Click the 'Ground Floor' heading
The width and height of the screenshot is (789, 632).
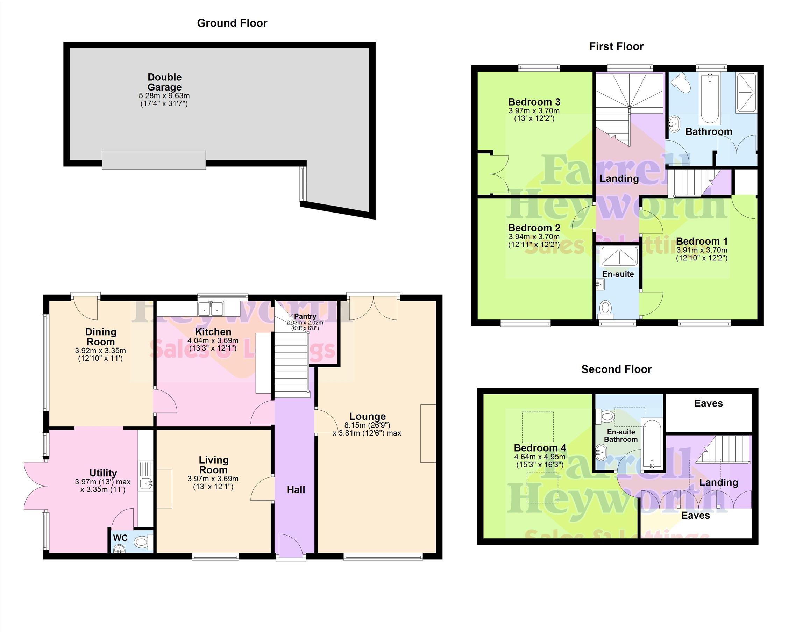click(232, 23)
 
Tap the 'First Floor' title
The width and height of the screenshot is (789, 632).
click(616, 46)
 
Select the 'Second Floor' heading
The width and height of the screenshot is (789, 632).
click(616, 369)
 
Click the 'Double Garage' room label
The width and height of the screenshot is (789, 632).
click(164, 82)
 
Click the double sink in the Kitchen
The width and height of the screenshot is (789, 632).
click(211, 308)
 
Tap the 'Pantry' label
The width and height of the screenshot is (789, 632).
click(305, 316)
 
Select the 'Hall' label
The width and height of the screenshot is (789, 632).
click(296, 490)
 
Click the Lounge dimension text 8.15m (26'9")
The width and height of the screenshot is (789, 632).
click(368, 425)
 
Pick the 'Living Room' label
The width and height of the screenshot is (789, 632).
click(213, 465)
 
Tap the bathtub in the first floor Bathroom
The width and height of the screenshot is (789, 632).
click(710, 98)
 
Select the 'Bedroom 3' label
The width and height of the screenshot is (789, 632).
click(534, 102)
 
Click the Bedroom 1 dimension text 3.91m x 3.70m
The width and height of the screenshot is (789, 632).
click(702, 250)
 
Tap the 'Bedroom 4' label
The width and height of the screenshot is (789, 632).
click(540, 448)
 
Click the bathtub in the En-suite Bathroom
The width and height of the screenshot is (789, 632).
click(652, 444)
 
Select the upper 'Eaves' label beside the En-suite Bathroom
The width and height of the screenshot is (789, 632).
click(709, 403)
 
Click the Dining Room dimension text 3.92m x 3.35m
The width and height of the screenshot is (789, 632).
click(100, 350)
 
